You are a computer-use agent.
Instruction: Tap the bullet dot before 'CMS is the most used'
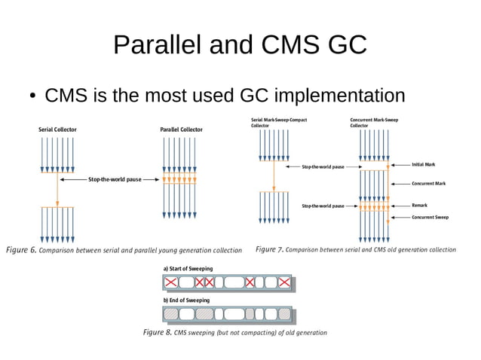34,97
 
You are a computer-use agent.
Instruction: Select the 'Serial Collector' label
57,130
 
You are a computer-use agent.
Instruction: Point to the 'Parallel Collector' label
182,130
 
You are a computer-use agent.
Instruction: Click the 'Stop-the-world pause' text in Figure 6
114,180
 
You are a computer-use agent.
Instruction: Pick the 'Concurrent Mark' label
428,183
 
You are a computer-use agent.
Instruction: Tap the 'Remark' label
419,204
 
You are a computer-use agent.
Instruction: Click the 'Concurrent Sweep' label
430,217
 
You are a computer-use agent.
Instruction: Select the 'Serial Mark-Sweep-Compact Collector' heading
279,123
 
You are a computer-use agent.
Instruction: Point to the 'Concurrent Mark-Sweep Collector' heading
375,123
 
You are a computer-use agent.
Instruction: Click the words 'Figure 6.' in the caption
20,249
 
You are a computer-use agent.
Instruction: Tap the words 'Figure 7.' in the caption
269,249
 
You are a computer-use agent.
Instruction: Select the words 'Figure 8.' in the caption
157,331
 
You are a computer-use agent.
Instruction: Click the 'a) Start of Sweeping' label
188,269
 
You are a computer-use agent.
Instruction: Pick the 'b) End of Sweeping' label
186,300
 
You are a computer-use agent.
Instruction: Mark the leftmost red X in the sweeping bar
173,282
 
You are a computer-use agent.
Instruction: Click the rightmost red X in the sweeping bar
283,282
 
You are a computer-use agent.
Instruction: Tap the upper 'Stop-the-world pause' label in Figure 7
323,166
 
